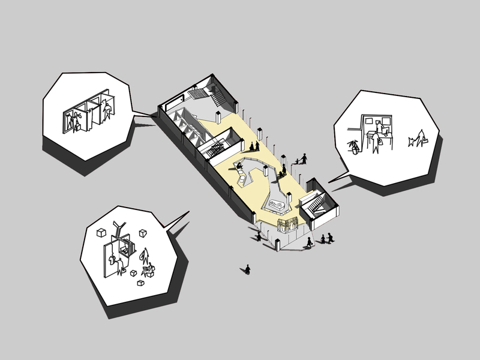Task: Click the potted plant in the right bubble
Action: [354, 145]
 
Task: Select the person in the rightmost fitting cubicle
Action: [107, 112]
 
